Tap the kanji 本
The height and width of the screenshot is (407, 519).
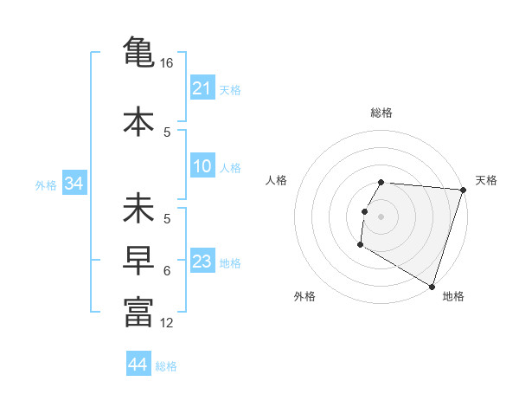click(x=138, y=120)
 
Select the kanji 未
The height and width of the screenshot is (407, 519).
click(x=138, y=211)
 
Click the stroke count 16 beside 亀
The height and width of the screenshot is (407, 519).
click(x=167, y=63)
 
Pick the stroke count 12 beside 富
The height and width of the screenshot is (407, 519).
click(x=167, y=323)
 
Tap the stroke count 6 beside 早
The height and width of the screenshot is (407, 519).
click(x=167, y=271)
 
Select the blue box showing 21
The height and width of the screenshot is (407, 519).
click(x=202, y=88)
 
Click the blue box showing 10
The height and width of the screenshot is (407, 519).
click(x=202, y=167)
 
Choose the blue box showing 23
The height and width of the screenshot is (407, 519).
click(x=202, y=262)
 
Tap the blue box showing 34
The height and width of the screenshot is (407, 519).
click(x=74, y=184)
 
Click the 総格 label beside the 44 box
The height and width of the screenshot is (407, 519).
click(x=166, y=366)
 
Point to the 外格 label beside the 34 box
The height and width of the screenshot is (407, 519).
click(x=46, y=185)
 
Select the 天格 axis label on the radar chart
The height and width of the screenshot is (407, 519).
click(x=486, y=180)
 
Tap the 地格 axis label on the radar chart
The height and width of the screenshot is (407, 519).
click(x=453, y=296)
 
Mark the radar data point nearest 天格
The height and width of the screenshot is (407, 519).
click(x=463, y=190)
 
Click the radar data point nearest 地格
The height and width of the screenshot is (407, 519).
click(x=431, y=287)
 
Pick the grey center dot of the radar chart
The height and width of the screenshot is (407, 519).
click(x=381, y=216)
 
